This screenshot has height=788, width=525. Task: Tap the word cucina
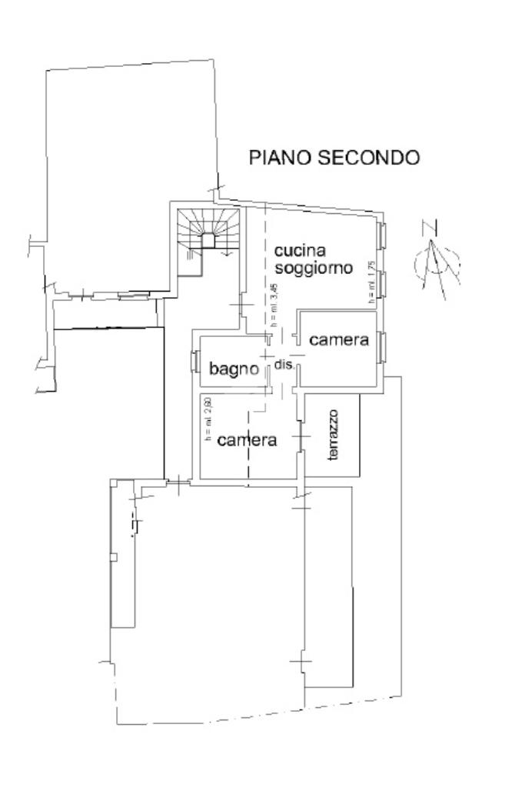coord(301,251)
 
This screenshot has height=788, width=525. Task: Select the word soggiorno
coord(314,268)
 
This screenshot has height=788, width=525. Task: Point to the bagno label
coord(234,369)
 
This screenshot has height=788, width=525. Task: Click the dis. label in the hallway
coord(284,366)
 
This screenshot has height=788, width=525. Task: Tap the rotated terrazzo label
coord(334,436)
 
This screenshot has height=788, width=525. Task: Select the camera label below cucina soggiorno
coord(338,339)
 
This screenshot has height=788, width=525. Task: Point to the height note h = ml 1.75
coord(371,283)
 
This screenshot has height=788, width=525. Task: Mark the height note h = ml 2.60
coord(207,420)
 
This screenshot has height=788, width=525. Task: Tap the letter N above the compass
coord(430,227)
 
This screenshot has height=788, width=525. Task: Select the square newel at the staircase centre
coord(208,239)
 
